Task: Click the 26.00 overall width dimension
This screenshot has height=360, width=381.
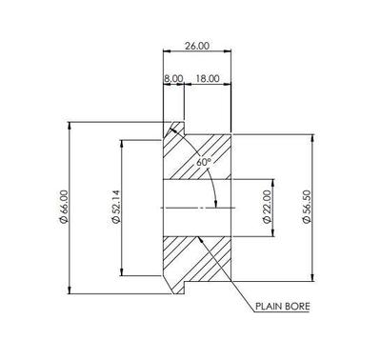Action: tap(197, 46)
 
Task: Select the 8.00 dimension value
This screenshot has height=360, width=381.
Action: tap(173, 78)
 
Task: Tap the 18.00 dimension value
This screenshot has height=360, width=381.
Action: tap(208, 78)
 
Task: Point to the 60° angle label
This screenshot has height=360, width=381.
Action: tap(204, 162)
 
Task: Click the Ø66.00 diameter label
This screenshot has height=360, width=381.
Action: tap(64, 207)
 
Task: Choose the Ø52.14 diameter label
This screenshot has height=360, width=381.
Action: tap(116, 207)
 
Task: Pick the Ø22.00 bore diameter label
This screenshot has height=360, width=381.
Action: tap(267, 207)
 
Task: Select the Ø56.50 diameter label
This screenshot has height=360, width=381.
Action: tap(306, 207)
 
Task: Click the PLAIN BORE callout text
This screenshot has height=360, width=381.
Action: tap(283, 307)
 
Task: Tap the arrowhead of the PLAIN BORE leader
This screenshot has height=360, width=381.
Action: tap(200, 239)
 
